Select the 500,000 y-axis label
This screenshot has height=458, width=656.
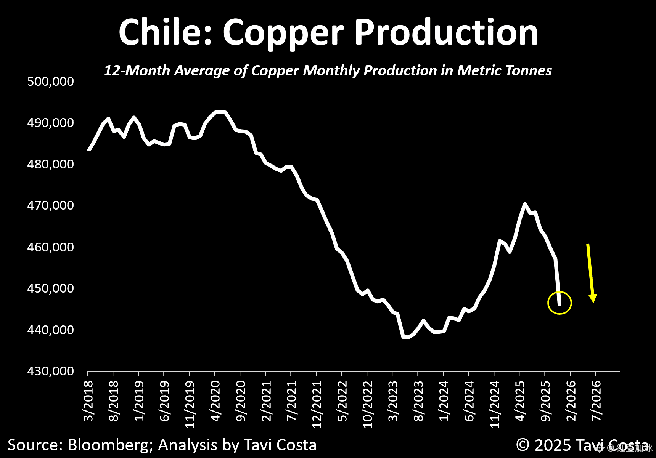tap(50, 81)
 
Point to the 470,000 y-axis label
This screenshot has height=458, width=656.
tap(50, 205)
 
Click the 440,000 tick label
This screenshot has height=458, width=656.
tap(50, 330)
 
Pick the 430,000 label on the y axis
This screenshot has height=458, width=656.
tap(50, 371)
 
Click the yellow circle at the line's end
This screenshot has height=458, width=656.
tap(560, 303)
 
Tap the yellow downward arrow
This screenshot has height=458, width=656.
tap(590, 272)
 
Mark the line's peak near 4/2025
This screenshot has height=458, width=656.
tap(525, 204)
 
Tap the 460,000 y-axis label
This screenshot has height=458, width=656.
tap(50, 247)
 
